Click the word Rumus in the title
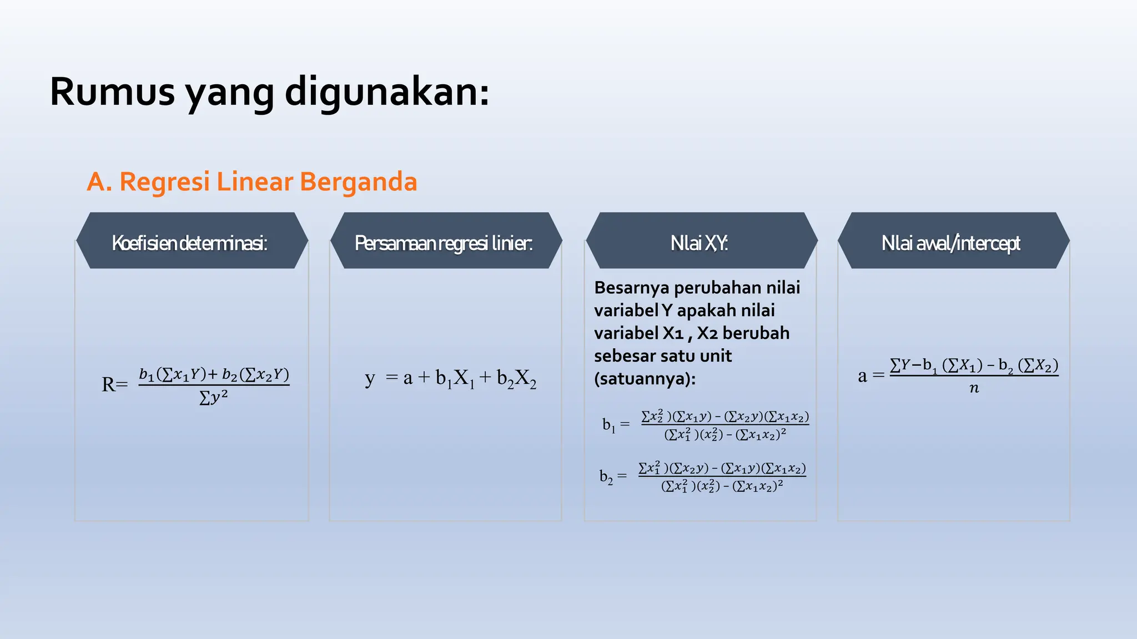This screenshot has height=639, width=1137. pyautogui.click(x=112, y=92)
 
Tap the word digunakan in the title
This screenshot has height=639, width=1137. pyautogui.click(x=387, y=92)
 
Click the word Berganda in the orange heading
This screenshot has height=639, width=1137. pyautogui.click(x=358, y=182)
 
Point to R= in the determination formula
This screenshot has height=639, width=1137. pyautogui.click(x=114, y=384)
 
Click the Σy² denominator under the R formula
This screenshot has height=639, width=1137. pyautogui.click(x=214, y=398)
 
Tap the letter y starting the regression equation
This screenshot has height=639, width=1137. pyautogui.click(x=370, y=378)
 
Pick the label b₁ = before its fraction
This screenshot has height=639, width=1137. pyautogui.click(x=616, y=425)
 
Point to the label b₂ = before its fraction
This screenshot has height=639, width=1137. pyautogui.click(x=612, y=476)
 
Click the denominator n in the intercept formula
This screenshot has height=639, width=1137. pyautogui.click(x=974, y=388)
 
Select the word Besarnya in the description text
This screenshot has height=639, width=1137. pyautogui.click(x=631, y=287)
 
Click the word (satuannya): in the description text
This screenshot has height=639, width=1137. pyautogui.click(x=645, y=379)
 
